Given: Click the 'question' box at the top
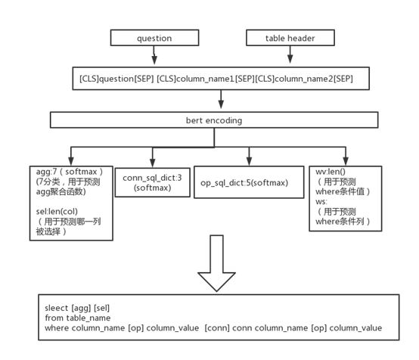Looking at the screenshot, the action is click(154, 38).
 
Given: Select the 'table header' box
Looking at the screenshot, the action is click(290, 38).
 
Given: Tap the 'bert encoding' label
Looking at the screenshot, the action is click(214, 120).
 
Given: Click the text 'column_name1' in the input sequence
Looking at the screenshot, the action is click(205, 79).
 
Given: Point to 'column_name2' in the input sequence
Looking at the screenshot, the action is click(304, 79).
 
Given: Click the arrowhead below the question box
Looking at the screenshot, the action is click(154, 59).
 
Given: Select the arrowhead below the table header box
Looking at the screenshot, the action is click(290, 59).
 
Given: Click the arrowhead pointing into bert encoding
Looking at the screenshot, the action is click(221, 104).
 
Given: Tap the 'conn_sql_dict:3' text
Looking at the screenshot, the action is click(152, 178).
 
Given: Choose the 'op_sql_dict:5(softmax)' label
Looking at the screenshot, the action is click(244, 183).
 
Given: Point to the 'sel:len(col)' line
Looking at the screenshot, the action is click(57, 212).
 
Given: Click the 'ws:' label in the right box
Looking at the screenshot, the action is click(321, 201).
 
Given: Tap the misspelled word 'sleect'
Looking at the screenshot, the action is click(57, 308).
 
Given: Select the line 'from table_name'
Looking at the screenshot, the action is click(78, 318).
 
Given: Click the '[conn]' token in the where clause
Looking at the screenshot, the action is click(217, 328).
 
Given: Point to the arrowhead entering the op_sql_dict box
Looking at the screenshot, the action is click(249, 161).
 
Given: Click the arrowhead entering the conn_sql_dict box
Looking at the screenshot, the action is click(152, 163).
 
